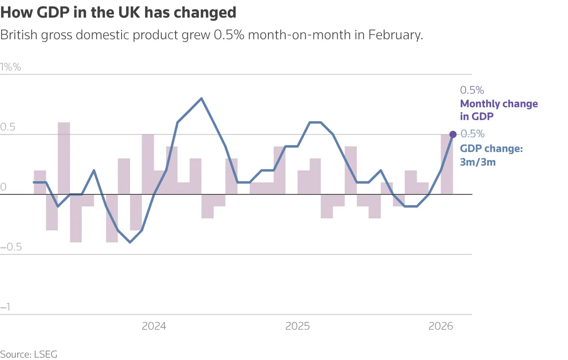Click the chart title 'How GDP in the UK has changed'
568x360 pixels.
point(118,12)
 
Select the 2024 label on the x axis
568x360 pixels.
point(154,326)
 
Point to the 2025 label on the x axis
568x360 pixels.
point(297,326)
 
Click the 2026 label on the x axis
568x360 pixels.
point(441,326)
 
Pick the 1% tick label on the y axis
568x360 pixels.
point(11,67)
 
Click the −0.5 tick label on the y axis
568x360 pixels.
point(11,247)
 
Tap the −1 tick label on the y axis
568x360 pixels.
point(6,307)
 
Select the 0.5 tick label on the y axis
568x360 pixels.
point(8,127)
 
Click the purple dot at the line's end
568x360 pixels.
point(453,135)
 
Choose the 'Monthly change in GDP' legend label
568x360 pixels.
point(499,110)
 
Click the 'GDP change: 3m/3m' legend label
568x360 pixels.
point(491,155)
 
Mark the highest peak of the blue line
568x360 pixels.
point(202,99)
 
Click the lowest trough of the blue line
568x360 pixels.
point(130,242)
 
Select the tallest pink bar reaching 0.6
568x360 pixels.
point(64,158)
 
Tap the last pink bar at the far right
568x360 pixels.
point(447,164)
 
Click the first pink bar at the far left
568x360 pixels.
point(40,182)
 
